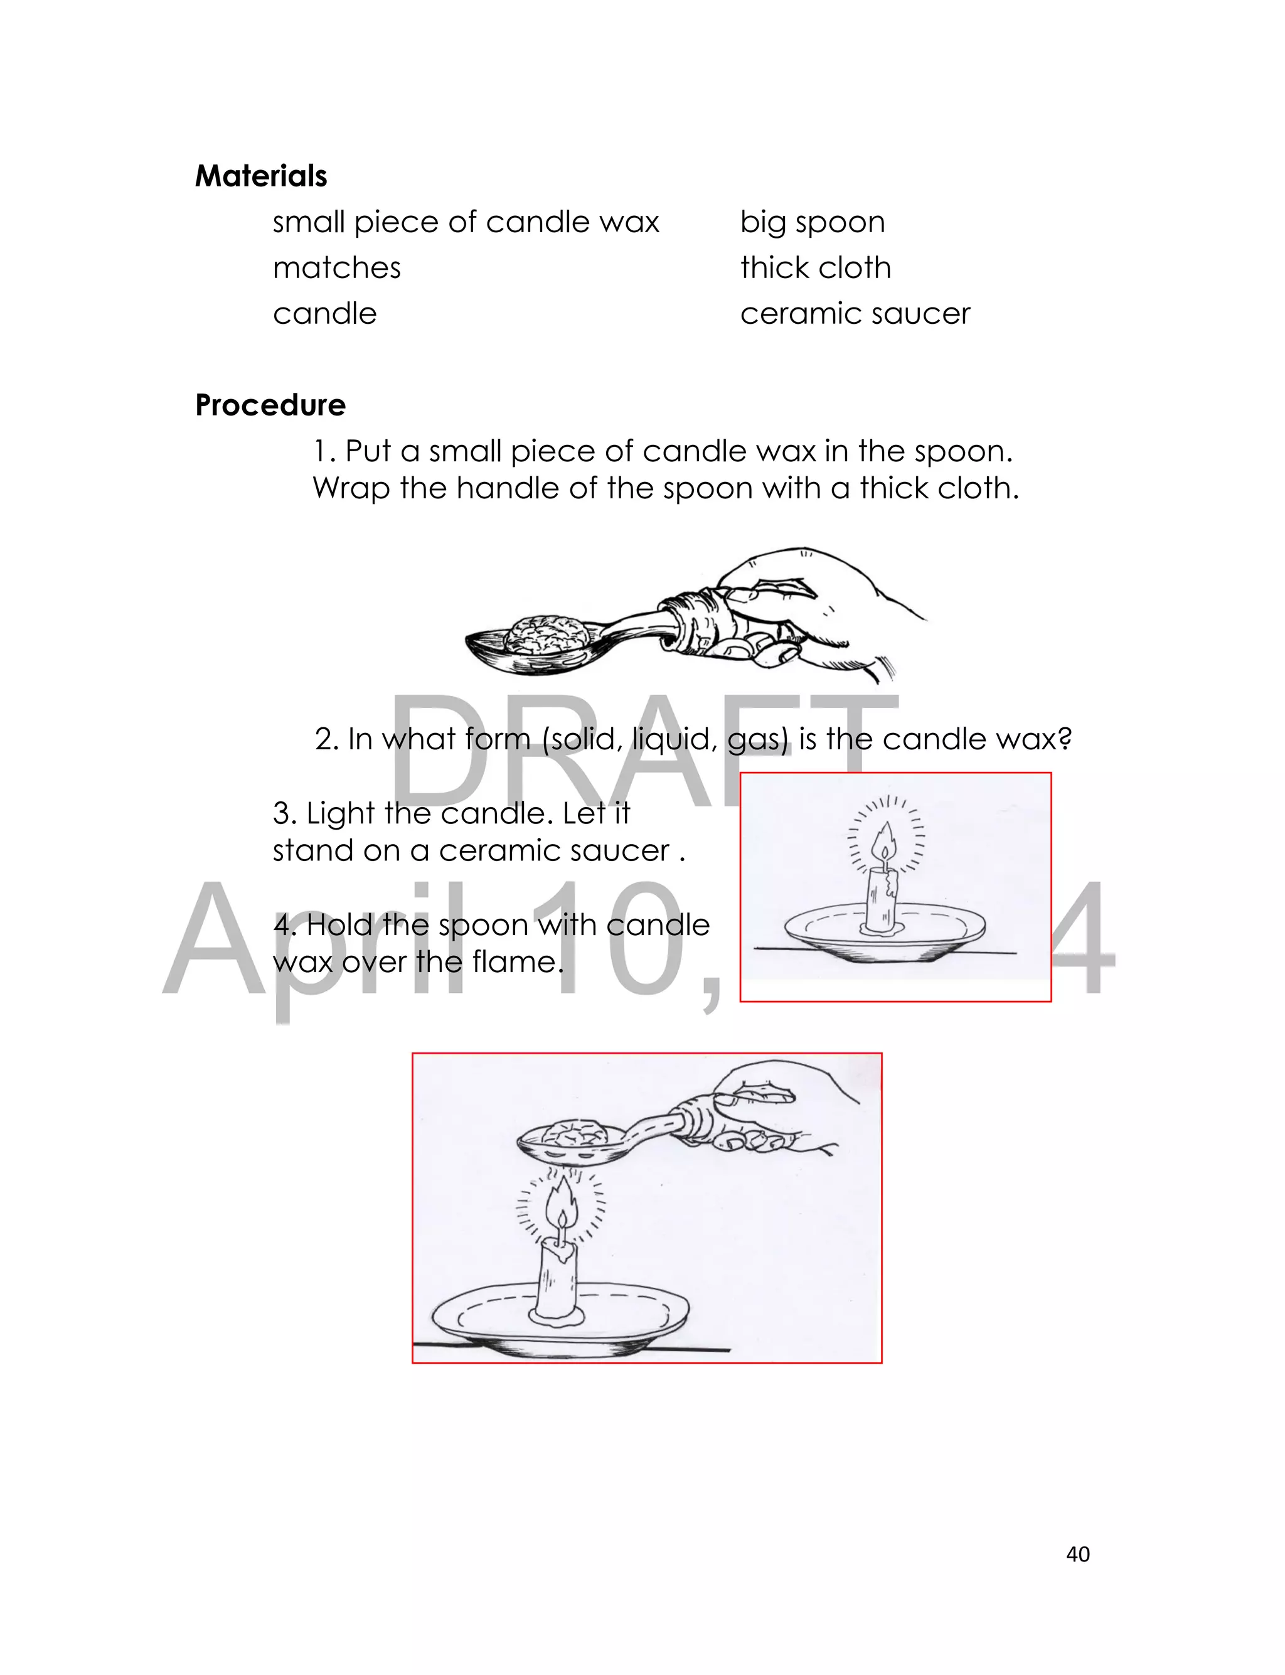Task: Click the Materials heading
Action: pyautogui.click(x=261, y=176)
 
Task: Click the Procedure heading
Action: pyautogui.click(x=270, y=405)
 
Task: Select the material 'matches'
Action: pyautogui.click(x=336, y=268)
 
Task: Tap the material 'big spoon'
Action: pyautogui.click(x=813, y=222)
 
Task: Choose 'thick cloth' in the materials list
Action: pyautogui.click(x=816, y=268)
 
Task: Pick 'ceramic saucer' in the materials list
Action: pyautogui.click(x=855, y=314)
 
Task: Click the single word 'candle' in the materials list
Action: pyautogui.click(x=324, y=314)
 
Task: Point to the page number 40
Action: pyautogui.click(x=1078, y=1553)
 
